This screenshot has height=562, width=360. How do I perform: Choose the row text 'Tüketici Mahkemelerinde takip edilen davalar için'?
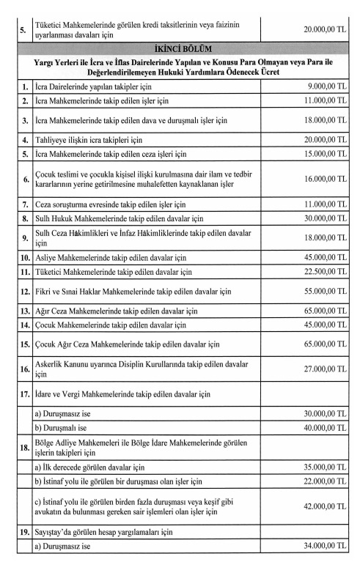coord(113,273)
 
